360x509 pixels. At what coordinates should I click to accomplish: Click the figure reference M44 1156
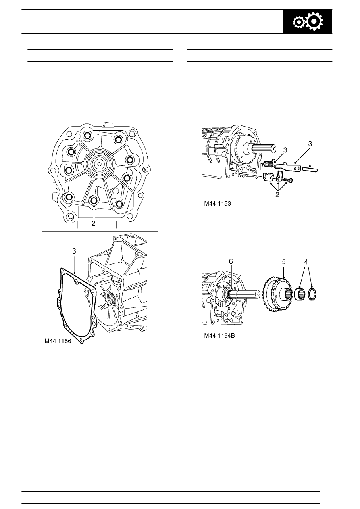point(58,341)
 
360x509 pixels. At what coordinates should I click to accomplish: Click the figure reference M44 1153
point(217,204)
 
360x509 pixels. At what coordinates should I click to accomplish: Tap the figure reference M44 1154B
point(219,336)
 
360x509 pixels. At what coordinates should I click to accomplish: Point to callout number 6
point(231,261)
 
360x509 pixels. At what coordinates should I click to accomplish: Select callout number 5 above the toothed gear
point(284,262)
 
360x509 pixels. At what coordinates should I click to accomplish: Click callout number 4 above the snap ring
point(306,262)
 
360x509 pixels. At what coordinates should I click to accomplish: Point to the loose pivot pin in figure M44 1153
point(310,169)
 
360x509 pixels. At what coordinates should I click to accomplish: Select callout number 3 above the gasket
point(74,251)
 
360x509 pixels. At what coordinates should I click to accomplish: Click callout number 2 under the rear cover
point(93,223)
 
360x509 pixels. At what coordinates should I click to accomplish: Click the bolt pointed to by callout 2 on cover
point(94,200)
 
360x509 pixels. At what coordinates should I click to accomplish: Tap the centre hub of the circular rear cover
point(99,163)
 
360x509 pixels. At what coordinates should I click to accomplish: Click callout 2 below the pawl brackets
point(277,195)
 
